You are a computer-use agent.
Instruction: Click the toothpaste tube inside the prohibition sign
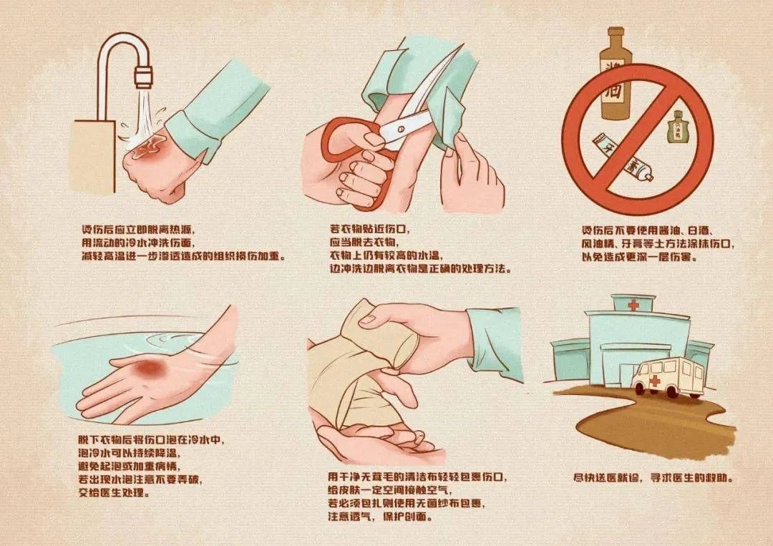[x=621, y=162]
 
